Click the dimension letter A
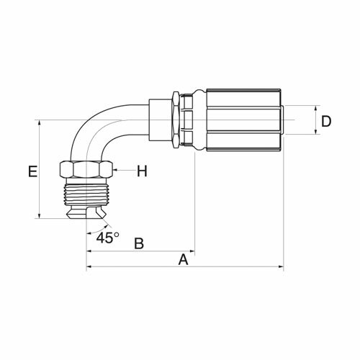pyautogui.click(x=183, y=260)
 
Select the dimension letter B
pyautogui.click(x=139, y=243)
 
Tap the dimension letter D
pyautogui.click(x=326, y=122)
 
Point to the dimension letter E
pyautogui.click(x=32, y=171)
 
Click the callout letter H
pyautogui.click(x=142, y=171)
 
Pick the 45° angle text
pyautogui.click(x=107, y=238)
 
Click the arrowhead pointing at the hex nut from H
pyautogui.click(x=114, y=170)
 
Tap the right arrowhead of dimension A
pyautogui.click(x=282, y=266)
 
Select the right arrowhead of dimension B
pyautogui.click(x=192, y=251)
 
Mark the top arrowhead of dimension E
pyautogui.click(x=40, y=122)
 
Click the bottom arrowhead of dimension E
pyautogui.click(x=40, y=216)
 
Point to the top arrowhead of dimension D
pyautogui.click(x=316, y=108)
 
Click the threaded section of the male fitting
pyautogui.click(x=86, y=194)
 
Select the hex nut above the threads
pyautogui.click(x=86, y=170)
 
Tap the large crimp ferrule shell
pyautogui.click(x=243, y=120)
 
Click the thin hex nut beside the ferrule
pyautogui.click(x=176, y=120)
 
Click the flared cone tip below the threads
pyautogui.click(x=86, y=212)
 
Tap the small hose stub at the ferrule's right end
pyautogui.click(x=282, y=120)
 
